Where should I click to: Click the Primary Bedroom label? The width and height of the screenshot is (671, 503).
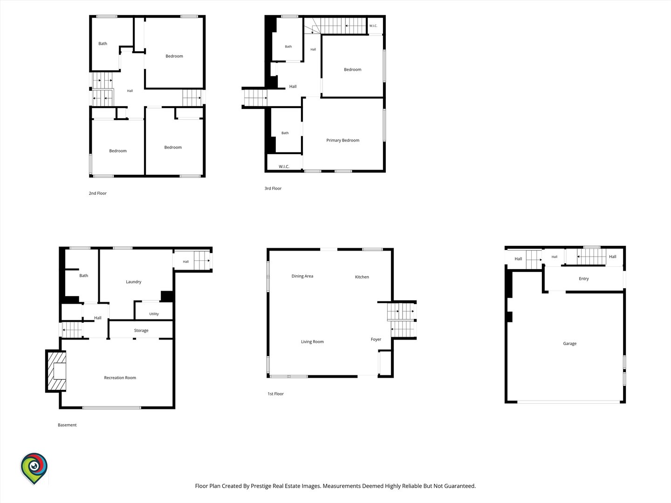[342, 140]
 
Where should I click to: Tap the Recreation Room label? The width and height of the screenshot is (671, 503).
[120, 377]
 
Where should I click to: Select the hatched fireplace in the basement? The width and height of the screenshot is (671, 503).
[57, 371]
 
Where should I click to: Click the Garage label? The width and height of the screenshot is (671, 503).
[569, 344]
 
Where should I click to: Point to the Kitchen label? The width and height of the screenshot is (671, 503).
[362, 277]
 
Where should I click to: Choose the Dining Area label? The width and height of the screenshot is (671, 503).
[302, 276]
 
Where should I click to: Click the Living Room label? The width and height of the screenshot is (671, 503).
[312, 342]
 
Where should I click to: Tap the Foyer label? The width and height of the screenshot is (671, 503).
[376, 340]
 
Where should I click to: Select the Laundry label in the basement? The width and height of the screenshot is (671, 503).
[134, 282]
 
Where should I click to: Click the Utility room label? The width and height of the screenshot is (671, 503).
[154, 314]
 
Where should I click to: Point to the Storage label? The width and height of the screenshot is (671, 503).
[141, 331]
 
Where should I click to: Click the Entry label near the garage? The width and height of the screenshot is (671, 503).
[583, 279]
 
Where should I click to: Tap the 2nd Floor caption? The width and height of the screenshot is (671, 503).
[97, 193]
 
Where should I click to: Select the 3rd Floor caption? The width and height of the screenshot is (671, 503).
[273, 189]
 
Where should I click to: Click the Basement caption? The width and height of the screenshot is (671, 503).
[67, 425]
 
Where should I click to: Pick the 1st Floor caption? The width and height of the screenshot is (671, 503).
[276, 394]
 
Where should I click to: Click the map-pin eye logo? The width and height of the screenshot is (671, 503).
[34, 468]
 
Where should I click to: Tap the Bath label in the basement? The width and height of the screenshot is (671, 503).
[83, 275]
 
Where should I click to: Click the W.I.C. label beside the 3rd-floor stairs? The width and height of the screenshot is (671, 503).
[373, 26]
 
